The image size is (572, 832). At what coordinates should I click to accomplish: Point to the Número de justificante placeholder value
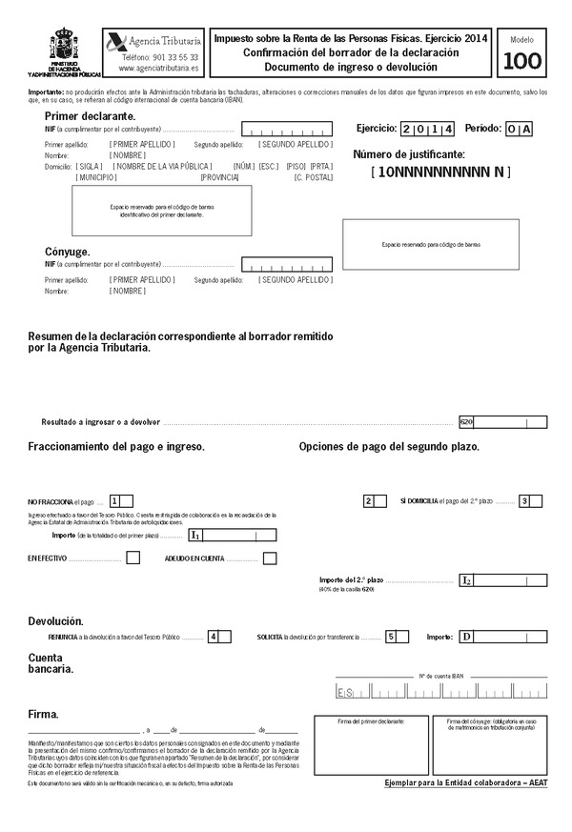(440, 172)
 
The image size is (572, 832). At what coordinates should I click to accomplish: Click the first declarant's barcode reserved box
(162, 211)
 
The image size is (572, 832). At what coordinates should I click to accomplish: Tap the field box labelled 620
(502, 421)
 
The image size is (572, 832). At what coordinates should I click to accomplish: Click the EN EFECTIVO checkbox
(133, 558)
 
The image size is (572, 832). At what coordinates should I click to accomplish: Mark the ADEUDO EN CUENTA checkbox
(270, 558)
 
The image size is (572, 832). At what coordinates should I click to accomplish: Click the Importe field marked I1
(233, 537)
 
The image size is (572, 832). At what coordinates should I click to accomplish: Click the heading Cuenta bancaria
(52, 663)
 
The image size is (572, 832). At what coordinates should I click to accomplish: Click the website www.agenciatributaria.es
(159, 69)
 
